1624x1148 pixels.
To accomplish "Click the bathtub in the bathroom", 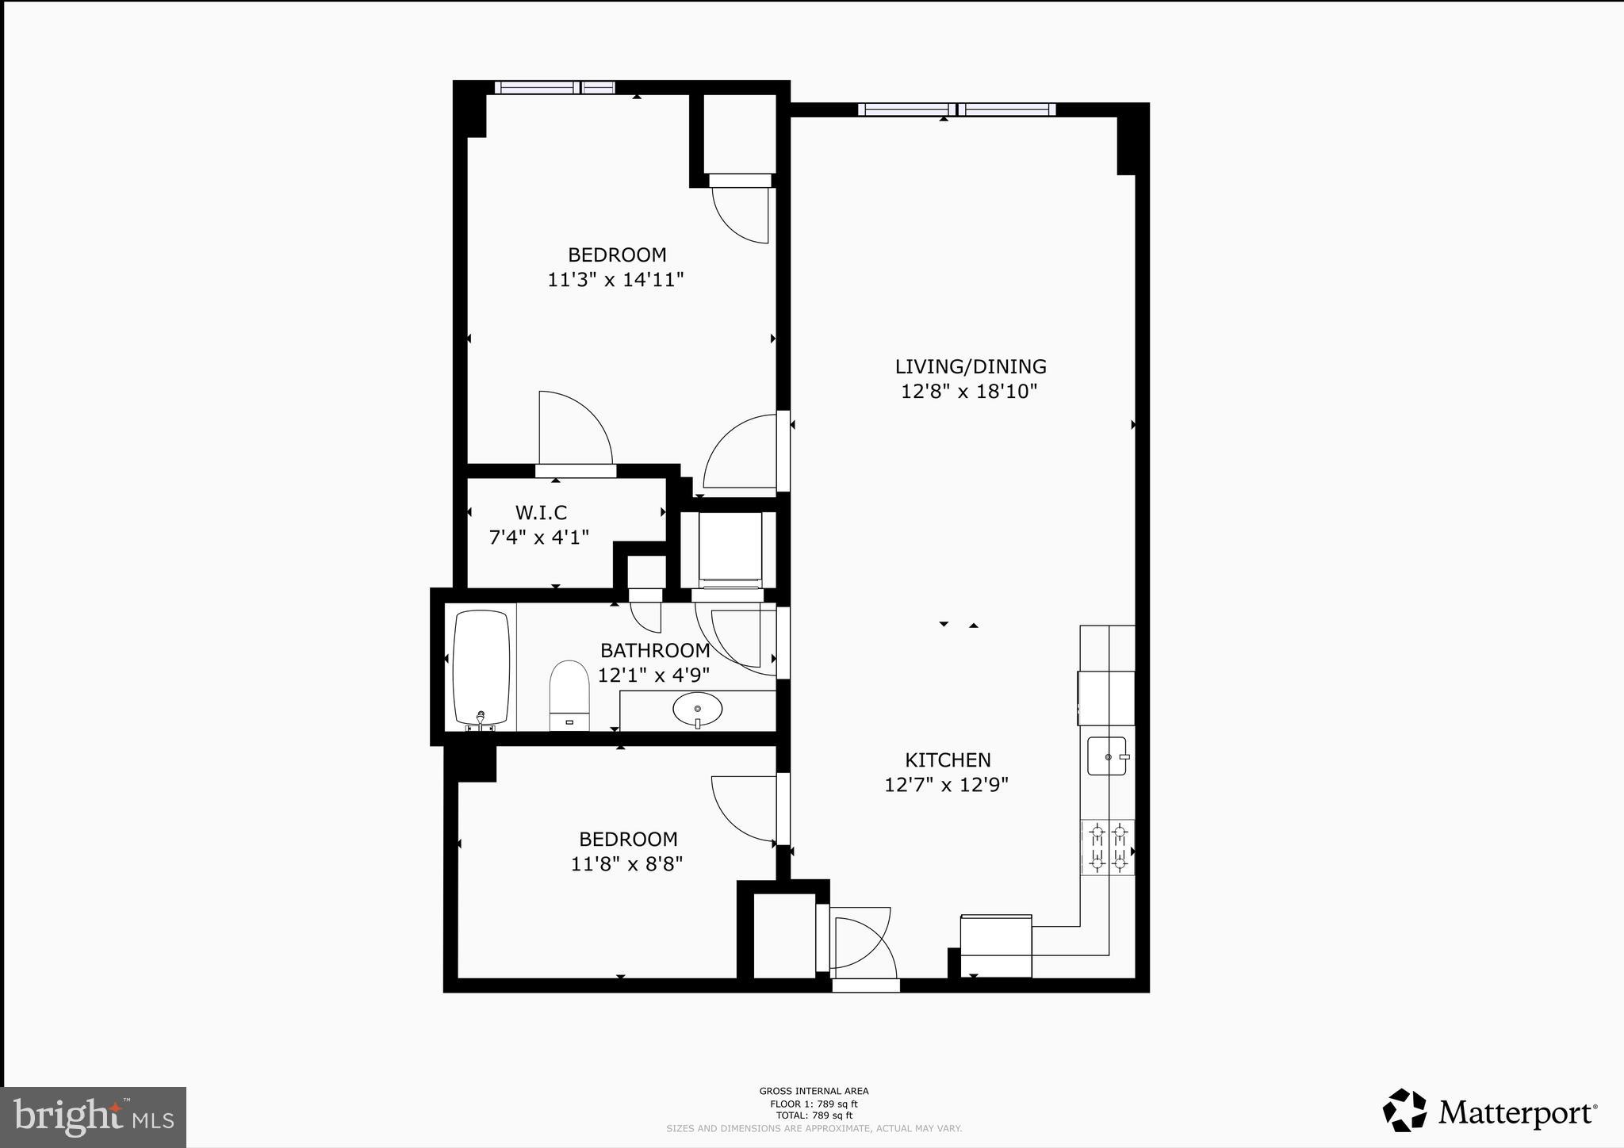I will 481,668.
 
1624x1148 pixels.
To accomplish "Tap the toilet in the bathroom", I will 569,695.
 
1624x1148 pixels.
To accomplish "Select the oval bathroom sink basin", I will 698,709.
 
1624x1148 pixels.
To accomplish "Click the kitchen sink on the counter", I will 1107,756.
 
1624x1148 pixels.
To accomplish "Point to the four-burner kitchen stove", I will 1108,848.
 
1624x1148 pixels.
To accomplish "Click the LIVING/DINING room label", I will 971,366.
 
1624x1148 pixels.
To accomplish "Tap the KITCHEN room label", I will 948,760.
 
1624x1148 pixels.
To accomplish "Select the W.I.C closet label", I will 541,512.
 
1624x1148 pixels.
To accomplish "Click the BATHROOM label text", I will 655,650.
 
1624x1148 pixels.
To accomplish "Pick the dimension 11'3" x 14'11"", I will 615,280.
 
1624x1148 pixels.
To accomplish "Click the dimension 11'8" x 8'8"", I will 626,863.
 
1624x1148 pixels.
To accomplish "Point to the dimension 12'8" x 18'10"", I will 969,392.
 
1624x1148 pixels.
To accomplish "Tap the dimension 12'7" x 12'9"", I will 946,785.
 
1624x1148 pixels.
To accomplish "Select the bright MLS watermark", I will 94,1117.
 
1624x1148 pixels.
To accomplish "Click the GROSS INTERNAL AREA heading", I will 814,1092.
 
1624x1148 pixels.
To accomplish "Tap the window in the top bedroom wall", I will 555,88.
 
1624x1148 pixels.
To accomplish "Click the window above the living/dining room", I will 956,110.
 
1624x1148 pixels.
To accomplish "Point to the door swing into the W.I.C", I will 575,428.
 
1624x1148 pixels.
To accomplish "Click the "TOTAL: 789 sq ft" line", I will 814,1115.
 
